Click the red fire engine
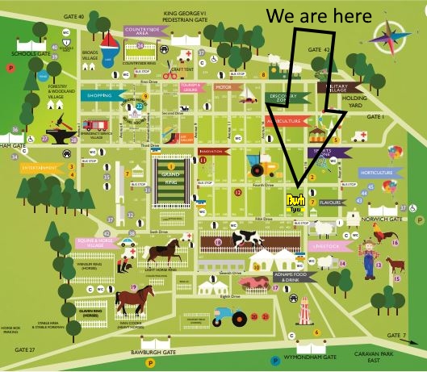(x=94, y=124)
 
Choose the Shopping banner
(x=101, y=95)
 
